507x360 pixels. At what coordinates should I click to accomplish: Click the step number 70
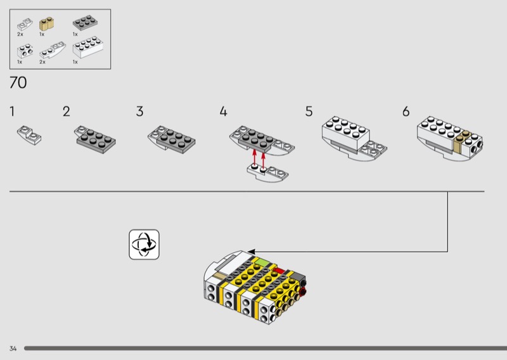(18, 82)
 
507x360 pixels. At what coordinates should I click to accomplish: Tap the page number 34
(13, 349)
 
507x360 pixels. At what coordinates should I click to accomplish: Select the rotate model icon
(144, 245)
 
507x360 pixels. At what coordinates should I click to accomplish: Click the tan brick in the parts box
(46, 23)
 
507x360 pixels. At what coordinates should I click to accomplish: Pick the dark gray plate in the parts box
(86, 22)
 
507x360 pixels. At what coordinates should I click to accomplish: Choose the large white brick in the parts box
(88, 48)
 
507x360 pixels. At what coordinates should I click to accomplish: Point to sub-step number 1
(12, 112)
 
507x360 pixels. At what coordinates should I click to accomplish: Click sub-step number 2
(67, 112)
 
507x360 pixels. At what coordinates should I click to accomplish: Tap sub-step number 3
(139, 112)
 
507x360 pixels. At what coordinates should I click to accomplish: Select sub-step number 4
(224, 112)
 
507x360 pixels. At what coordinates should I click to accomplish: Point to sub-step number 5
(309, 112)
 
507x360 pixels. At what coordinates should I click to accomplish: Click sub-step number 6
(406, 112)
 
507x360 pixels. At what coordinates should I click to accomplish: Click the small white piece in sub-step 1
(29, 135)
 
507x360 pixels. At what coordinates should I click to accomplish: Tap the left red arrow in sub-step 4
(255, 158)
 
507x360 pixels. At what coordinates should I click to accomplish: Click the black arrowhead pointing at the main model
(252, 252)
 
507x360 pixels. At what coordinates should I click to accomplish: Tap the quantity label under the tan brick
(42, 34)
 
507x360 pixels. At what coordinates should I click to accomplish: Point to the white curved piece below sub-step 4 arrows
(267, 172)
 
